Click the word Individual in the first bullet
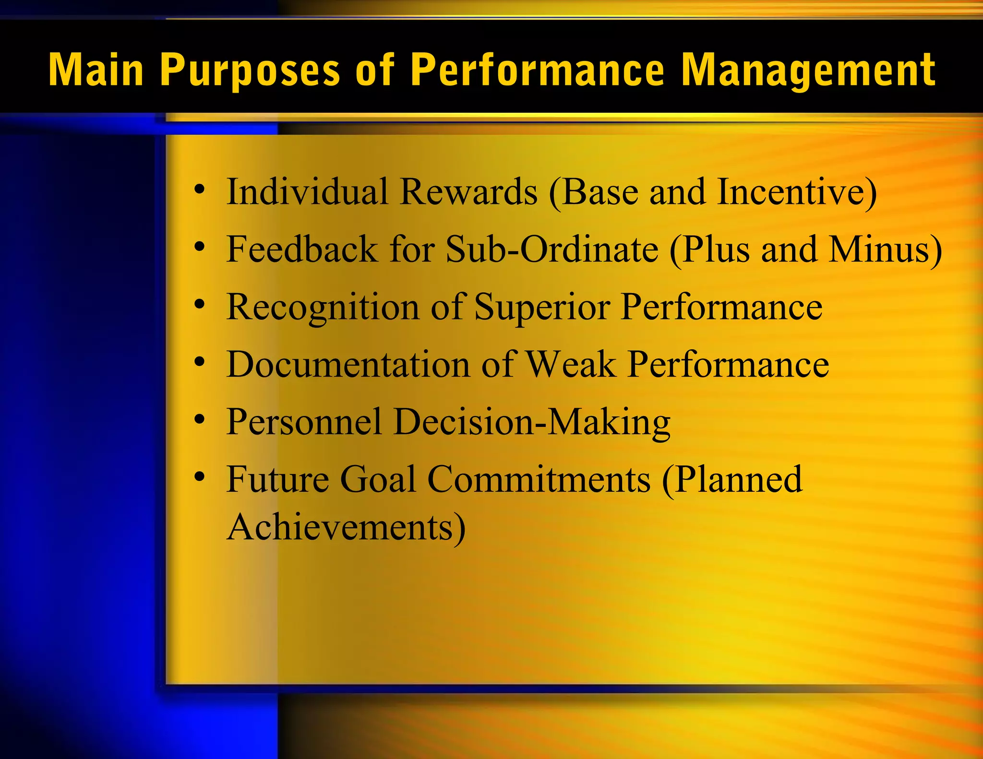pyautogui.click(x=307, y=192)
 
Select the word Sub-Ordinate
pyautogui.click(x=552, y=249)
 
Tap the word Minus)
pyautogui.click(x=886, y=249)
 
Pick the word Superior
pyautogui.click(x=542, y=307)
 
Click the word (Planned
pyautogui.click(x=732, y=480)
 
